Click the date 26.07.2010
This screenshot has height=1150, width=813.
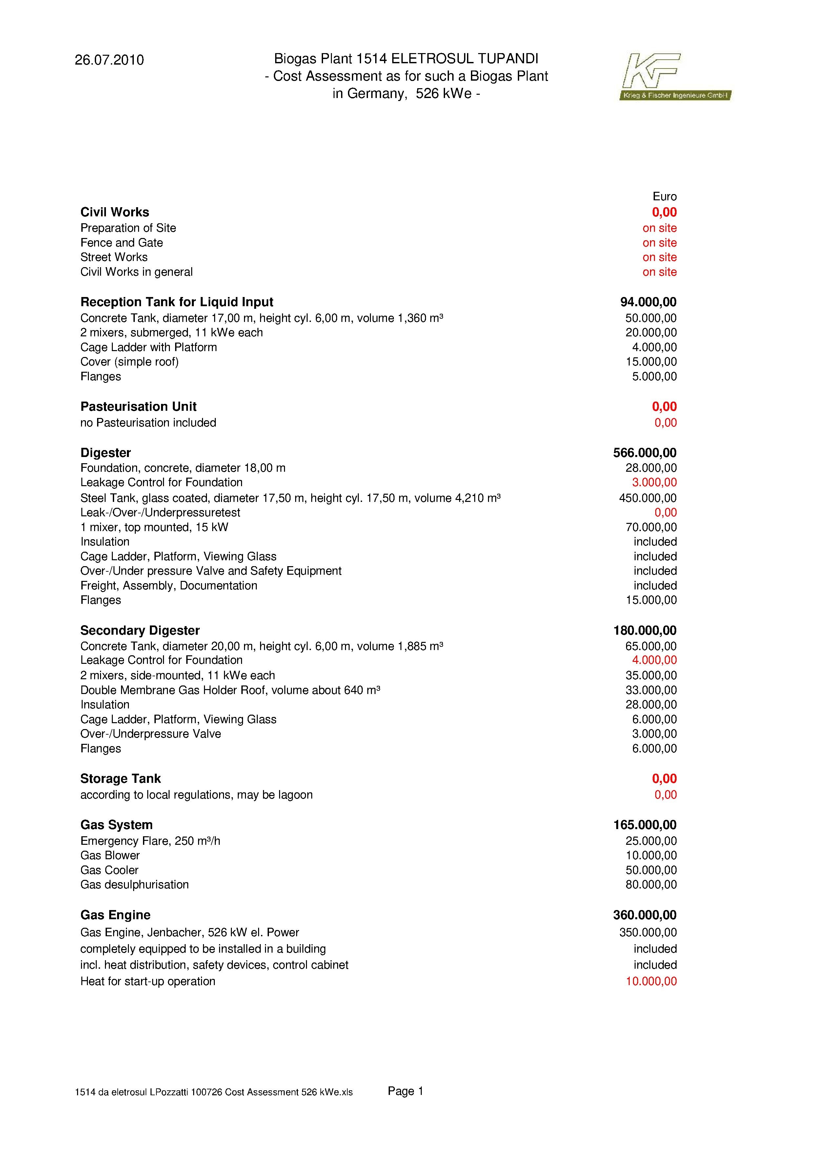click(109, 60)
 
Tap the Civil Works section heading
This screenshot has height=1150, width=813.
click(115, 212)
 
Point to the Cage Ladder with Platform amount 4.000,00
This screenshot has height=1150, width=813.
click(654, 347)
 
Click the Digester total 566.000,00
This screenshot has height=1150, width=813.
click(645, 453)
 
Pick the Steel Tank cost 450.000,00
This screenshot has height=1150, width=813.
click(648, 498)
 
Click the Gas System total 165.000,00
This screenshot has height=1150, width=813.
click(645, 824)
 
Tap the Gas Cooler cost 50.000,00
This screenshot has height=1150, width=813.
click(651, 870)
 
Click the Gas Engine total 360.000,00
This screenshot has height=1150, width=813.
click(645, 915)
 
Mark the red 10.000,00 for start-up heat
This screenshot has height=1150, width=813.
click(651, 981)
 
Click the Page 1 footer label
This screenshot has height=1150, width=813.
click(405, 1091)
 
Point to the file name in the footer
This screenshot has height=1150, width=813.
click(214, 1092)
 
